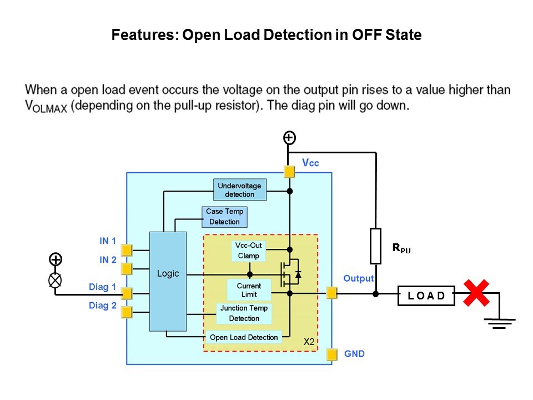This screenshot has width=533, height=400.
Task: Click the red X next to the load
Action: (x=476, y=293)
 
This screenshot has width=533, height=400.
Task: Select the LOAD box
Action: (x=426, y=296)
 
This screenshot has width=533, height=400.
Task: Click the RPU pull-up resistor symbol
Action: (x=376, y=246)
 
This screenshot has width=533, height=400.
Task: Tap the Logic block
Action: (x=168, y=281)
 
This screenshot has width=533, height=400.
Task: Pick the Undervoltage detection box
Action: (x=239, y=190)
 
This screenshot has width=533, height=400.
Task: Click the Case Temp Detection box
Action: (x=224, y=217)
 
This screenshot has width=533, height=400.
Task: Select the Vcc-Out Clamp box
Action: (x=249, y=251)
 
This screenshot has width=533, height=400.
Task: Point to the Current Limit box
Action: (x=249, y=290)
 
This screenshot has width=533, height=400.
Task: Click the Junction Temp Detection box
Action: (x=244, y=313)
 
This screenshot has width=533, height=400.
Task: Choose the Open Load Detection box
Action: (x=244, y=337)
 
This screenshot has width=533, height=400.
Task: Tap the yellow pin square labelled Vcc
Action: (x=289, y=172)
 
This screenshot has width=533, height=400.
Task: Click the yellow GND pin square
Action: (x=332, y=354)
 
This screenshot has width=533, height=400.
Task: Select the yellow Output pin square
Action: (x=332, y=292)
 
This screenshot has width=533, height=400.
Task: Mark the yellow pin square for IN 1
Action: (x=127, y=250)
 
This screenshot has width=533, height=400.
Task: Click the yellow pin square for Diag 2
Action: (x=127, y=312)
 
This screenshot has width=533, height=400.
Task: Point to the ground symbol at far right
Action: (x=500, y=322)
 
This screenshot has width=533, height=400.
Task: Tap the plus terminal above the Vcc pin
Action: (x=289, y=138)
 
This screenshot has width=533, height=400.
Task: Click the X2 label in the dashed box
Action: (x=309, y=343)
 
